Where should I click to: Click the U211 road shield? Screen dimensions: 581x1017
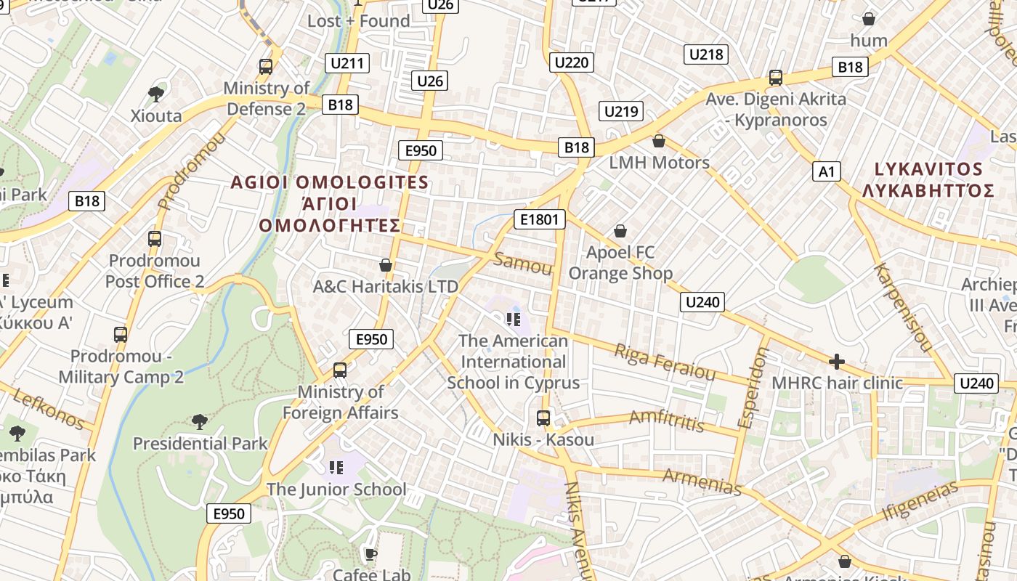click(x=347, y=63)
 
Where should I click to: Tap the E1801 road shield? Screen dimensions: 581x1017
click(x=538, y=219)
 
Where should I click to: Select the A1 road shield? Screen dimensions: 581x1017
click(x=827, y=171)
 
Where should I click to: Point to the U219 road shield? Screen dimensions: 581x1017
click(x=621, y=111)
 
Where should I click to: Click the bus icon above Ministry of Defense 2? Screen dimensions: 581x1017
click(x=266, y=67)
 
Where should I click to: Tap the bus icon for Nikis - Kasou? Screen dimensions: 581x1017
click(x=543, y=418)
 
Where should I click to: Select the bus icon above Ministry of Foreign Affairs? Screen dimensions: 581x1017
click(x=339, y=370)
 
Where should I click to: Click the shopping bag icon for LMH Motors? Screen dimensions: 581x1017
click(x=659, y=140)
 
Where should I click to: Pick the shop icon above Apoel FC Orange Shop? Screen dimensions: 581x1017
click(x=620, y=231)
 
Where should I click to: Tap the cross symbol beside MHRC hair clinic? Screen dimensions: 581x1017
click(x=837, y=361)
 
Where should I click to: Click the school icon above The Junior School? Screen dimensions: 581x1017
click(x=336, y=467)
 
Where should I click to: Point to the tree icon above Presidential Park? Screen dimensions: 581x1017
click(x=200, y=421)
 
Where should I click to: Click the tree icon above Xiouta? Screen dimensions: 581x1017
click(x=156, y=93)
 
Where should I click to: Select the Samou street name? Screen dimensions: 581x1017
click(x=523, y=264)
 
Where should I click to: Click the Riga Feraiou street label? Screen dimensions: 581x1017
click(x=665, y=362)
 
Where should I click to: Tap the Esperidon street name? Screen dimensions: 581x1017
click(x=752, y=387)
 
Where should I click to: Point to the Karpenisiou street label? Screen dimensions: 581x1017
click(x=901, y=307)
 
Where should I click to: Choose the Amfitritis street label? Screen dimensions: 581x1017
click(x=666, y=420)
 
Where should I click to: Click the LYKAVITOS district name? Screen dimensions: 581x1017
click(x=928, y=169)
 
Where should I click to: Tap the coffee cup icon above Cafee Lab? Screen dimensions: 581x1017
click(x=371, y=555)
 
